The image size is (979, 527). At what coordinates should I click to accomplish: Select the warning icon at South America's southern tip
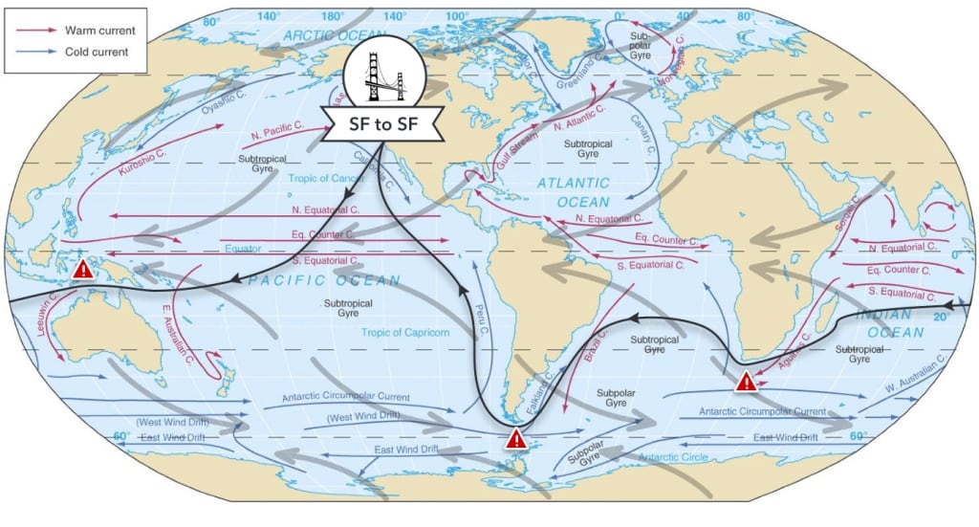pos(516,439)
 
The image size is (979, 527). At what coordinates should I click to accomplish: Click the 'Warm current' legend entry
pos(99,30)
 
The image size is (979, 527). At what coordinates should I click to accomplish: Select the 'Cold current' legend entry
pos(97,53)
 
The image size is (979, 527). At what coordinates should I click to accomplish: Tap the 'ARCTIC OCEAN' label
pos(324,35)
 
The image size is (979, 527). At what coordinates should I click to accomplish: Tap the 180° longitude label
pos(334,16)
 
